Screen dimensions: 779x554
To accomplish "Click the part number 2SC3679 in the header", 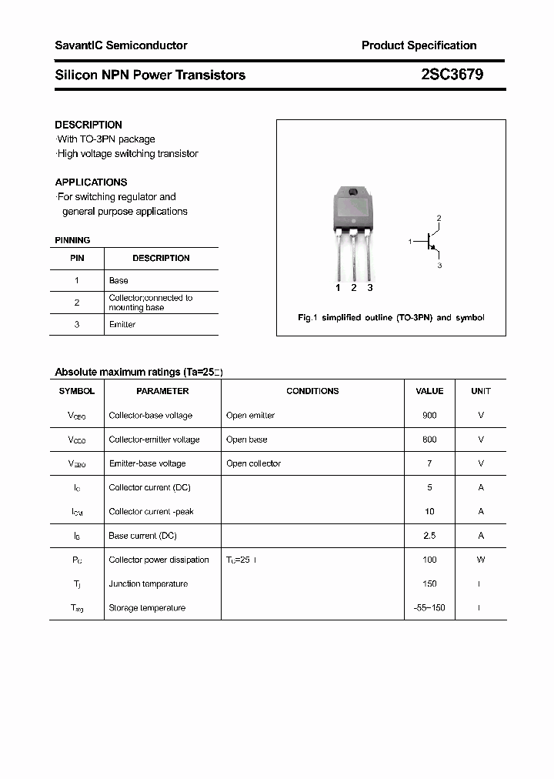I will [452, 75].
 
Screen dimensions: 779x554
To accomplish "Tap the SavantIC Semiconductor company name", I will [121, 45].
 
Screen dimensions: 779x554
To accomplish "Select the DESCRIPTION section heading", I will [88, 125].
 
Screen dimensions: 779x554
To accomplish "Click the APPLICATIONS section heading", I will [91, 182].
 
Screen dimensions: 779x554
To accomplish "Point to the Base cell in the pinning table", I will [118, 281].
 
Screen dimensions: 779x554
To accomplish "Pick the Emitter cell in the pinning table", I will [122, 325].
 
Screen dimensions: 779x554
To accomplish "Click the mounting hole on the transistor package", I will [353, 192].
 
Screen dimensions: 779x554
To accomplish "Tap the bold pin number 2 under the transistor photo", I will [354, 288].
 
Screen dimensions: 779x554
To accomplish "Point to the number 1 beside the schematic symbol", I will [410, 242].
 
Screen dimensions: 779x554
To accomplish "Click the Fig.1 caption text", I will [391, 318].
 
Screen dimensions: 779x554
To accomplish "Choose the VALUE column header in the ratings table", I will [429, 391].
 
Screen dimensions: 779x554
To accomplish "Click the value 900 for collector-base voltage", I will [429, 416].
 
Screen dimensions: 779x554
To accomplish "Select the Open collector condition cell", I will [253, 463].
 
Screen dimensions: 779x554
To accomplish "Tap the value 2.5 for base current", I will [429, 536].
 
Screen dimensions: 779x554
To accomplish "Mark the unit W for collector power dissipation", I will [481, 560].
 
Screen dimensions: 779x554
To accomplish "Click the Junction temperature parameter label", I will [148, 584].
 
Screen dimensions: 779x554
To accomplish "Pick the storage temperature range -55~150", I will [429, 608].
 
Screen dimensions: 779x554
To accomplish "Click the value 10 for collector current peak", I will [429, 512].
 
